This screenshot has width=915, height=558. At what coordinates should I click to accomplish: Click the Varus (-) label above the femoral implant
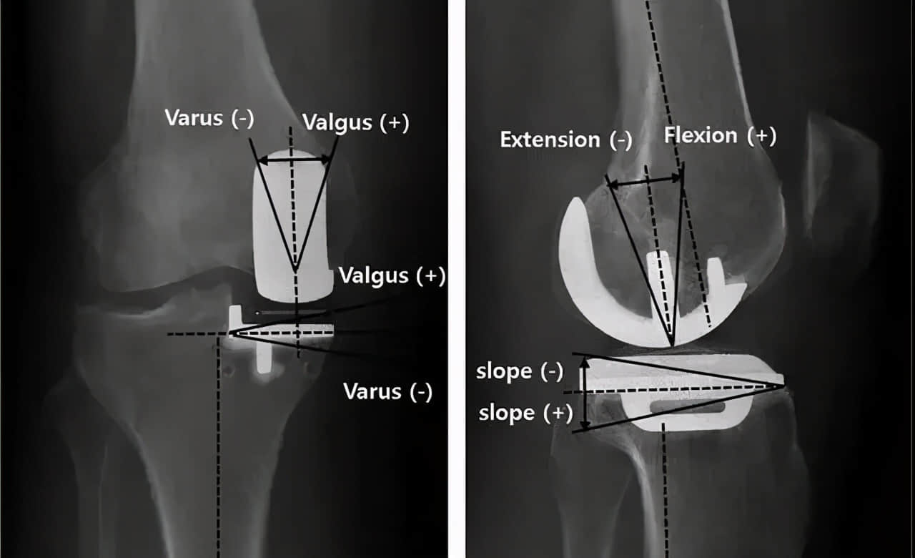pos(209,117)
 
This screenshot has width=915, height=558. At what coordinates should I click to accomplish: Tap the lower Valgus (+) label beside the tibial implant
pos(392,276)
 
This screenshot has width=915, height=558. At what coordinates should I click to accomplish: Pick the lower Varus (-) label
pos(387,391)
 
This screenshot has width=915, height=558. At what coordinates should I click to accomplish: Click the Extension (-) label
pos(565,139)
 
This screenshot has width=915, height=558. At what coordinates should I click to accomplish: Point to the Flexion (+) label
pos(720,135)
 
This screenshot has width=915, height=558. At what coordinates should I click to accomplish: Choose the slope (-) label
pos(520,371)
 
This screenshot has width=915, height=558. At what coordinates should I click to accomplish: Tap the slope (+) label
pos(525,413)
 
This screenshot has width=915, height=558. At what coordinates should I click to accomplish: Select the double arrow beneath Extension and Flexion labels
pos(645,182)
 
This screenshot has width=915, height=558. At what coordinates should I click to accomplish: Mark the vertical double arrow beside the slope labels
pos(585,394)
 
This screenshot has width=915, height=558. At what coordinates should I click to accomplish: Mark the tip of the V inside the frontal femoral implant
pos(295,270)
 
